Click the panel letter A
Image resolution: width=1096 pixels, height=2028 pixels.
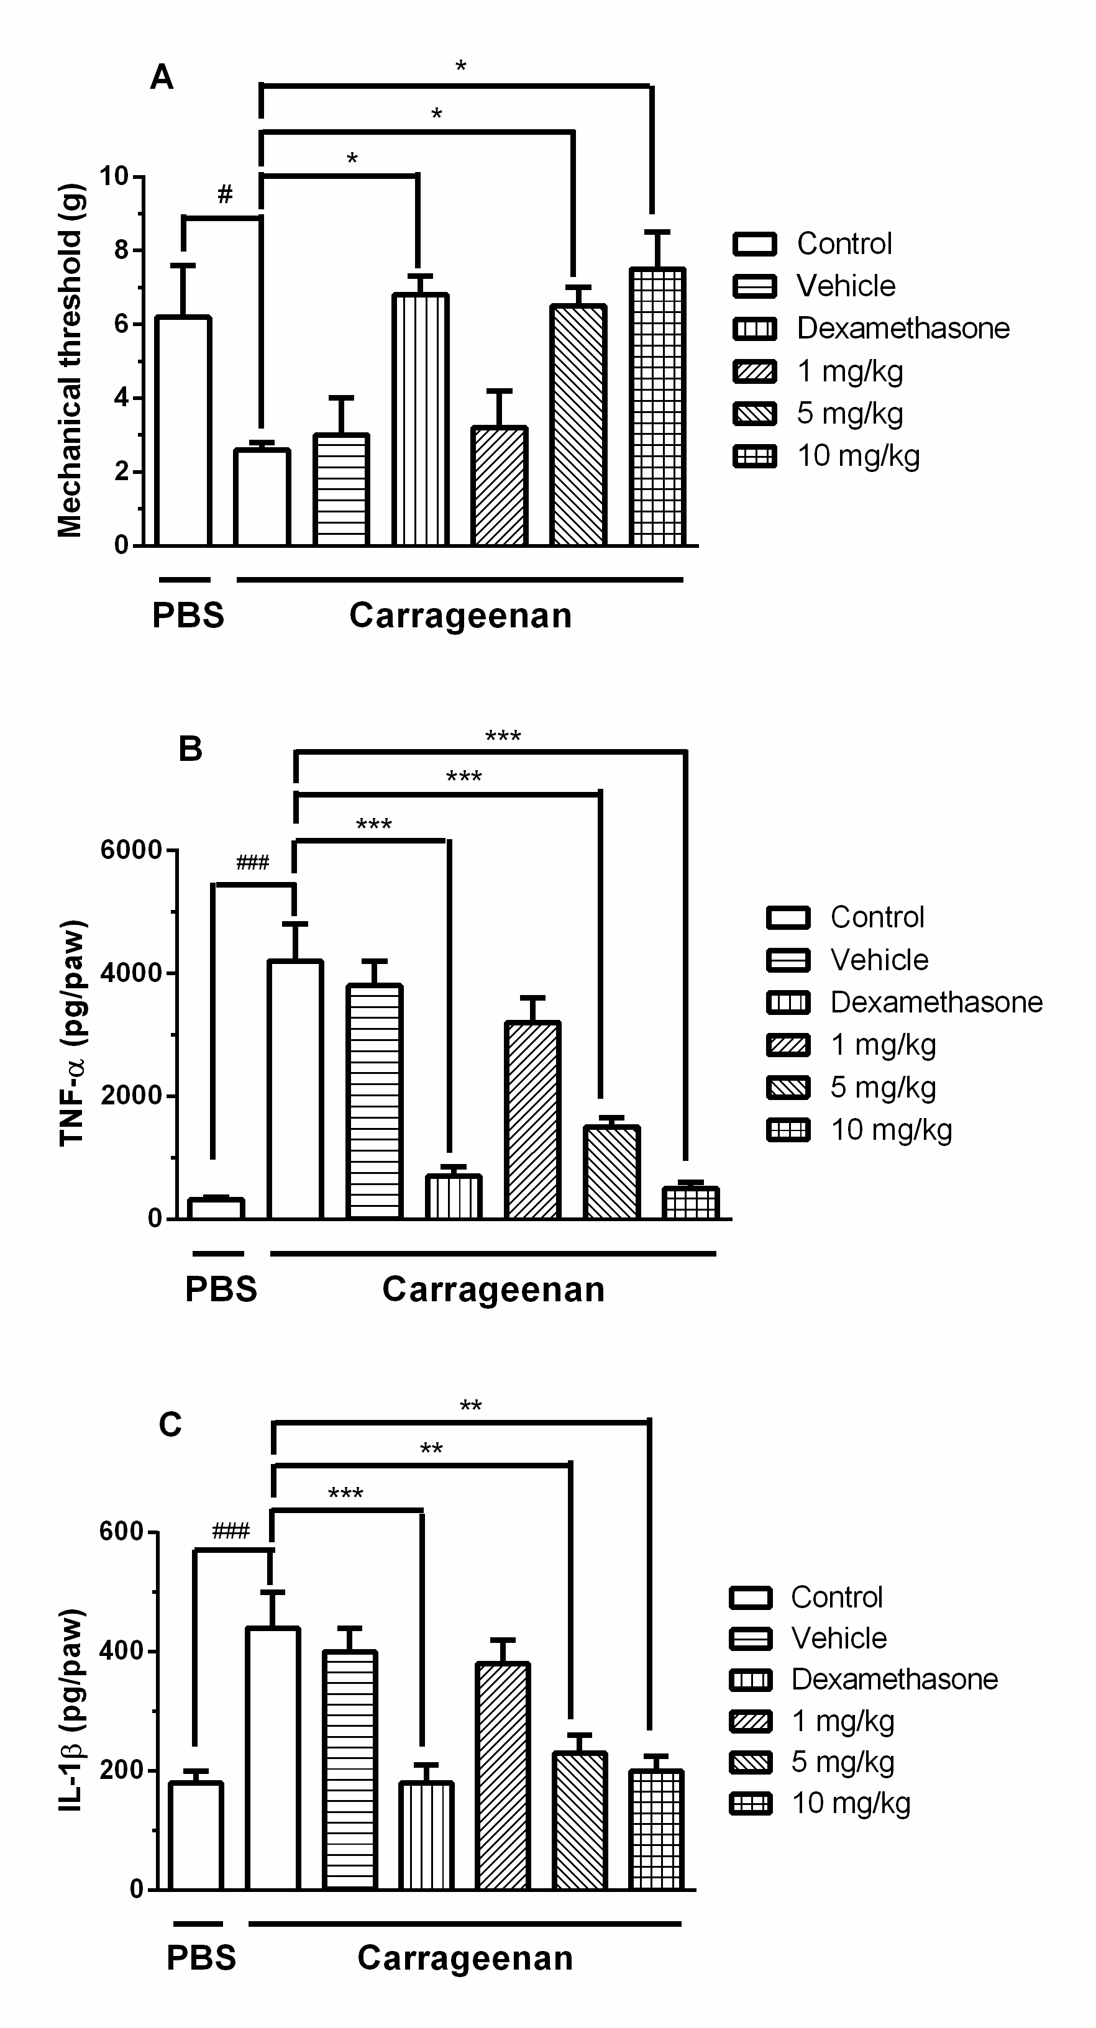(162, 78)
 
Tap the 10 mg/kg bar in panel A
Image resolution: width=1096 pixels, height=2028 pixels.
(657, 406)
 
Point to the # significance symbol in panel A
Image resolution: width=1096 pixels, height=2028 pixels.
(225, 194)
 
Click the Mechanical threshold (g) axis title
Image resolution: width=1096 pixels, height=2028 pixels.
(70, 361)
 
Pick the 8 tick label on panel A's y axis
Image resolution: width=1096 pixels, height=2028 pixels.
(121, 250)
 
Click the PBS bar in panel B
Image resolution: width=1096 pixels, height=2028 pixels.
(216, 1207)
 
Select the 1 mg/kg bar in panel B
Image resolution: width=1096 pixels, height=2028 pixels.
(533, 1119)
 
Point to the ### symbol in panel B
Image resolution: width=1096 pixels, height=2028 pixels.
(252, 863)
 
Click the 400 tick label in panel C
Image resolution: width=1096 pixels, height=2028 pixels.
(121, 1651)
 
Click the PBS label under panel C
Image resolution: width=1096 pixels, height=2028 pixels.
(201, 1958)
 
